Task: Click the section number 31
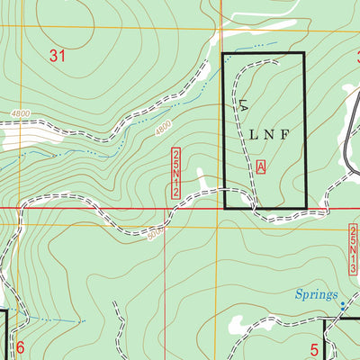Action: [x=58, y=56]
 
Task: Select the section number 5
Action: [x=315, y=350]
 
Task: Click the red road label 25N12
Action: [x=175, y=173]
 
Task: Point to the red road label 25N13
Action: [x=352, y=249]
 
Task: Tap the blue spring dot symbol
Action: [x=343, y=304]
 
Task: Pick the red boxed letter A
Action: [x=261, y=166]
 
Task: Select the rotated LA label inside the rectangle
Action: [x=241, y=105]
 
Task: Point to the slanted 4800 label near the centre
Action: [x=163, y=130]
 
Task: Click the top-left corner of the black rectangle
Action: [x=223, y=54]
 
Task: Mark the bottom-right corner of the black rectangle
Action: [x=305, y=208]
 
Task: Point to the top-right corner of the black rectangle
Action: [x=304, y=54]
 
